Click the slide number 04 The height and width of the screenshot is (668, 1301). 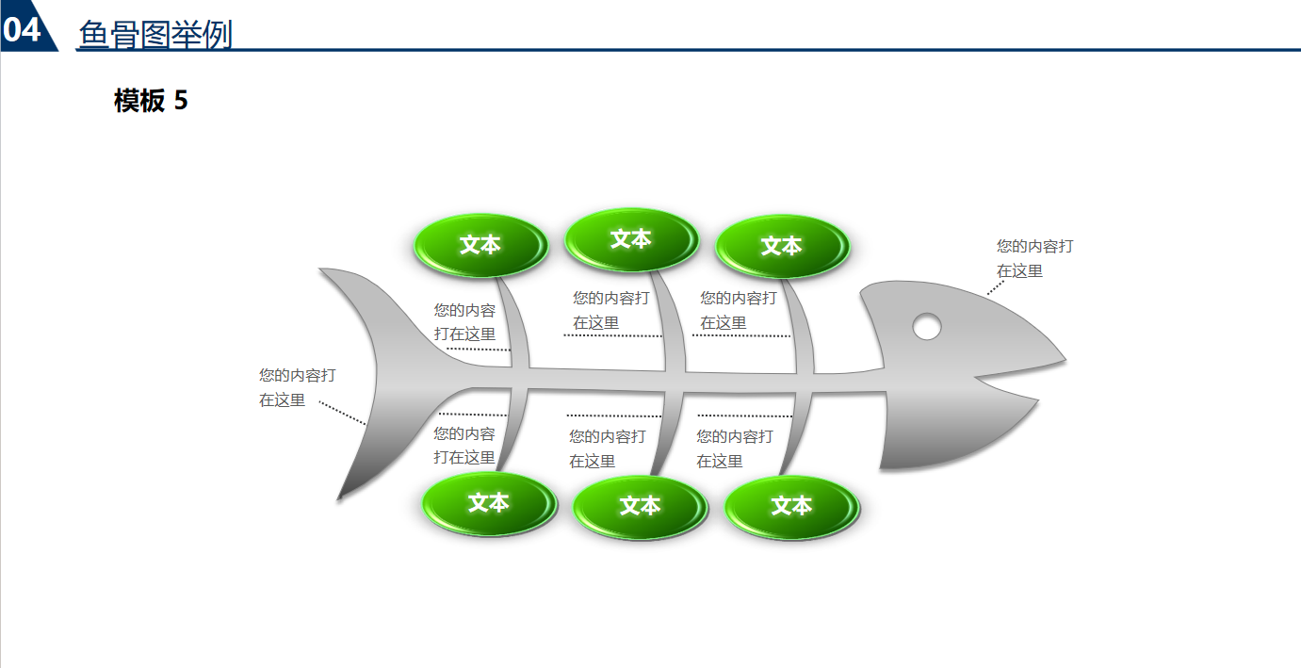coord(22,29)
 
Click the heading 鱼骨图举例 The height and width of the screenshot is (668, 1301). coord(155,34)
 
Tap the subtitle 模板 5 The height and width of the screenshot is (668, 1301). coord(151,101)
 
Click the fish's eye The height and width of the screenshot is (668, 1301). coord(927,326)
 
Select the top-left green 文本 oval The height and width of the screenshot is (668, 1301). coord(480,246)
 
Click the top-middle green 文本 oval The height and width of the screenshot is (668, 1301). coord(631,239)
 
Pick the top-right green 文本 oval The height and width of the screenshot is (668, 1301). coord(782,247)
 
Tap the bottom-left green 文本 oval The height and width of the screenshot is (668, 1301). coord(489,503)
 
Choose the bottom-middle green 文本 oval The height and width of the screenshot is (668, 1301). coord(641,507)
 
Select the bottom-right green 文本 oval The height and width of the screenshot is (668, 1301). coord(791,507)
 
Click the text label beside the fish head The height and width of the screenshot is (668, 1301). coord(1034,258)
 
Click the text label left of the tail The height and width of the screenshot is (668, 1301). coord(297,387)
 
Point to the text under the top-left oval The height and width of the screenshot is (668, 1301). coord(464,321)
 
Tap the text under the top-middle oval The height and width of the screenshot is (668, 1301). coord(610,310)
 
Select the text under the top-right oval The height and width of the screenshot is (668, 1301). coord(738,310)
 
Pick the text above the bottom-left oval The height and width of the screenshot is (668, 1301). coord(464,445)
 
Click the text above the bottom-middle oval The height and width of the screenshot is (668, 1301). coord(607,448)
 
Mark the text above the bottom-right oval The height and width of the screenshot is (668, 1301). coord(734,448)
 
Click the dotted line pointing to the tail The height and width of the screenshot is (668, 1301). coord(343,414)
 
